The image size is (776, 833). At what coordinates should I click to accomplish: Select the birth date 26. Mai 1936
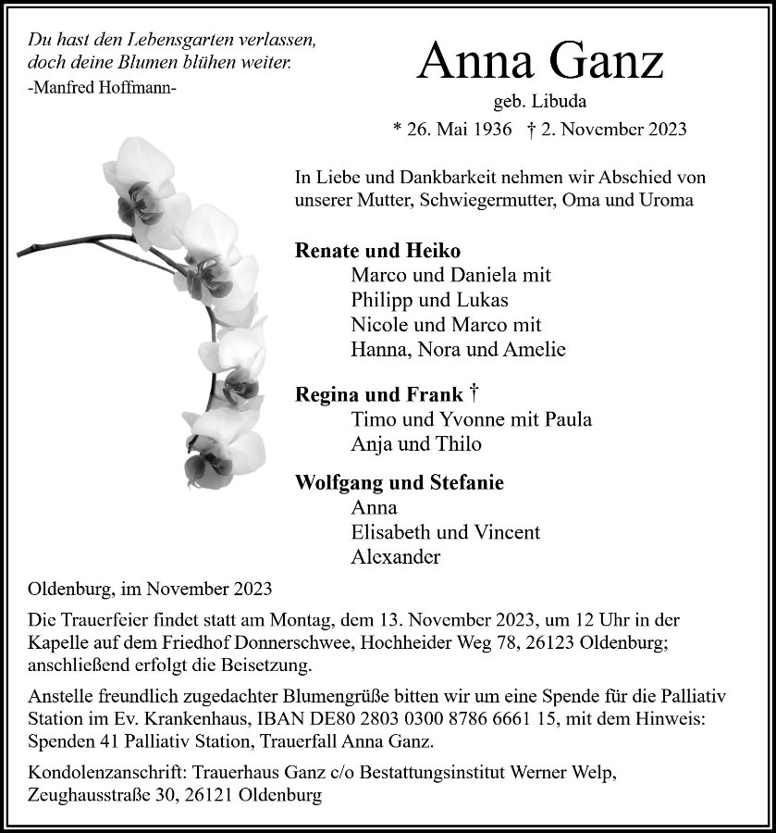[452, 129]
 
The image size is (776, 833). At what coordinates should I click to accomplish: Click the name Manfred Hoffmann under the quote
[102, 88]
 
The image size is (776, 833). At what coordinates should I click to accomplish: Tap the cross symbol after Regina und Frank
[473, 392]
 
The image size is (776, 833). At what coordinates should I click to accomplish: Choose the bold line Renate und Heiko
[377, 251]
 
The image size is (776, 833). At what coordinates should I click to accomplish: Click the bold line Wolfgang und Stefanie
[400, 482]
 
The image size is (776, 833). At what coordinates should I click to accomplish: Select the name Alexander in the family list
[396, 557]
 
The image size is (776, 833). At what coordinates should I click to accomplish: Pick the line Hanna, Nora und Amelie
[458, 350]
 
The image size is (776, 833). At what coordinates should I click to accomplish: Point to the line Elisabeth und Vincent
[446, 532]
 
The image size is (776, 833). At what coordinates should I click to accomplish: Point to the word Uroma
[664, 200]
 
